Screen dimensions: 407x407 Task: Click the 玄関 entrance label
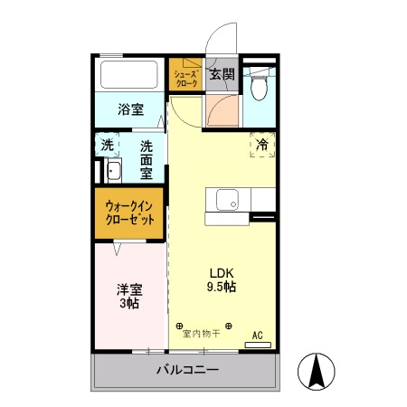click(x=222, y=74)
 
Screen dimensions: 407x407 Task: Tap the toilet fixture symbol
click(x=260, y=88)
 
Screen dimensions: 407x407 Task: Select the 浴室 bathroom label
click(x=131, y=110)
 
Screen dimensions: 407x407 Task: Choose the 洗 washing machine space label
click(x=108, y=145)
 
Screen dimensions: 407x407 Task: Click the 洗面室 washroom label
click(x=145, y=157)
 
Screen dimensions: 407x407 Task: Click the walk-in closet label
click(x=129, y=213)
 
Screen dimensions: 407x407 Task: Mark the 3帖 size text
click(x=128, y=304)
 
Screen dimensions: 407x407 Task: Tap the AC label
click(x=258, y=335)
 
